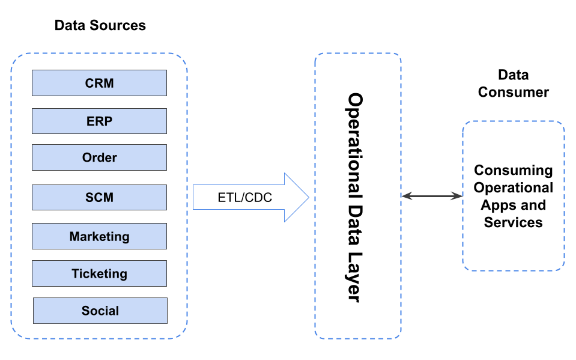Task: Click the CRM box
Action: pos(99,83)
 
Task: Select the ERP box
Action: pos(99,121)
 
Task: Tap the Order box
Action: pos(99,157)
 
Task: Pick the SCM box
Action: pos(99,197)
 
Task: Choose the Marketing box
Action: pos(99,236)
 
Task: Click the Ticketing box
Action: pos(99,273)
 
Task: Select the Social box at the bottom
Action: pos(100,311)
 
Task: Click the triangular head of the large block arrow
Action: pos(296,197)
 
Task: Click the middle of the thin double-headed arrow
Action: pos(432,196)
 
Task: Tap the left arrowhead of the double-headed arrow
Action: pos(405,196)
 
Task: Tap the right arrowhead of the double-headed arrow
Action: pos(458,196)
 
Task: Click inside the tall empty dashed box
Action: pos(357,195)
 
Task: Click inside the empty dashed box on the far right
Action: pos(514,195)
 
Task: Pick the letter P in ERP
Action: pos(108,121)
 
